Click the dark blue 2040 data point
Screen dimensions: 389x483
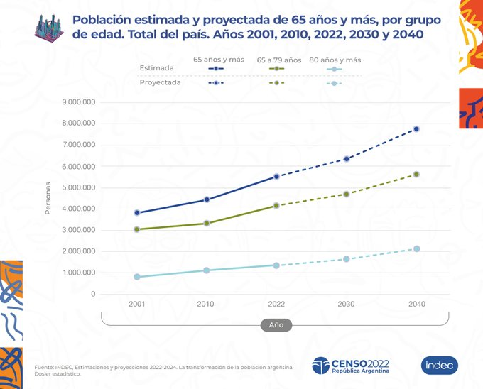[417, 128]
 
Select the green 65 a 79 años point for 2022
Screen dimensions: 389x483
[276, 205]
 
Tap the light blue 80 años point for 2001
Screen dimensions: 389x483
[136, 277]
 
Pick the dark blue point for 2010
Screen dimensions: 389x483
[207, 199]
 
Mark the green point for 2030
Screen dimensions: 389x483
[347, 194]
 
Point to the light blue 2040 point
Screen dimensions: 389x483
[417, 248]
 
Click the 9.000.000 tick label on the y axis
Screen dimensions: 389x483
[79, 102]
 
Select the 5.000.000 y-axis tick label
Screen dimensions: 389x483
[79, 187]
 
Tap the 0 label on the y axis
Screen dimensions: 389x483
[92, 294]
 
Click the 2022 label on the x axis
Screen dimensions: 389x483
[276, 304]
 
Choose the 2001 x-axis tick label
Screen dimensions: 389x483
[136, 304]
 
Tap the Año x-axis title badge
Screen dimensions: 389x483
[276, 325]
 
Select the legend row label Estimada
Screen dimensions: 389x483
[156, 68]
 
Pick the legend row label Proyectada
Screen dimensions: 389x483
[159, 82]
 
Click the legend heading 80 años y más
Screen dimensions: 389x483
[335, 60]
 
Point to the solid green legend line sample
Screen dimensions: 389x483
[275, 69]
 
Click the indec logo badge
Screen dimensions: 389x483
[440, 365]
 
